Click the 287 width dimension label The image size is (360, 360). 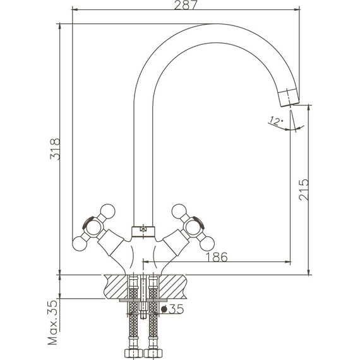coord(186,5)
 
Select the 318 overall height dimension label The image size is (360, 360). coord(55,149)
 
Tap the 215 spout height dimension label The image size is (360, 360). coord(304,189)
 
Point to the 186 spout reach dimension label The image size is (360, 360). coord(217,257)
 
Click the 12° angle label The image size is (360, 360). coord(276,120)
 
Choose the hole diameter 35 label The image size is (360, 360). coord(172,309)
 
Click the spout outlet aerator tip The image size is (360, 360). coord(289,97)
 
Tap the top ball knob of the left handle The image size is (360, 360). coord(107,211)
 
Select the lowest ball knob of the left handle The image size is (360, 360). coord(80,244)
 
